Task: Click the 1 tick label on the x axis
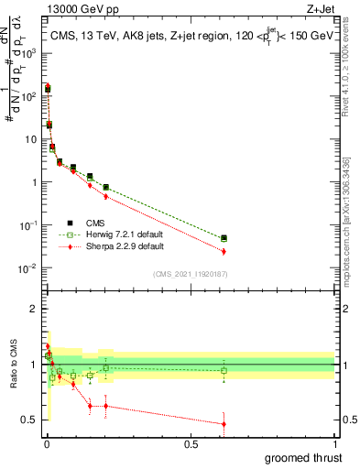coord(334,444)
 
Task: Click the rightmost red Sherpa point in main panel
coord(224,251)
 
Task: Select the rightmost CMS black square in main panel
coord(224,238)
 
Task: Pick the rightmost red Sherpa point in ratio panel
coord(224,423)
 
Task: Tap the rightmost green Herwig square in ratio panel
coord(224,371)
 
